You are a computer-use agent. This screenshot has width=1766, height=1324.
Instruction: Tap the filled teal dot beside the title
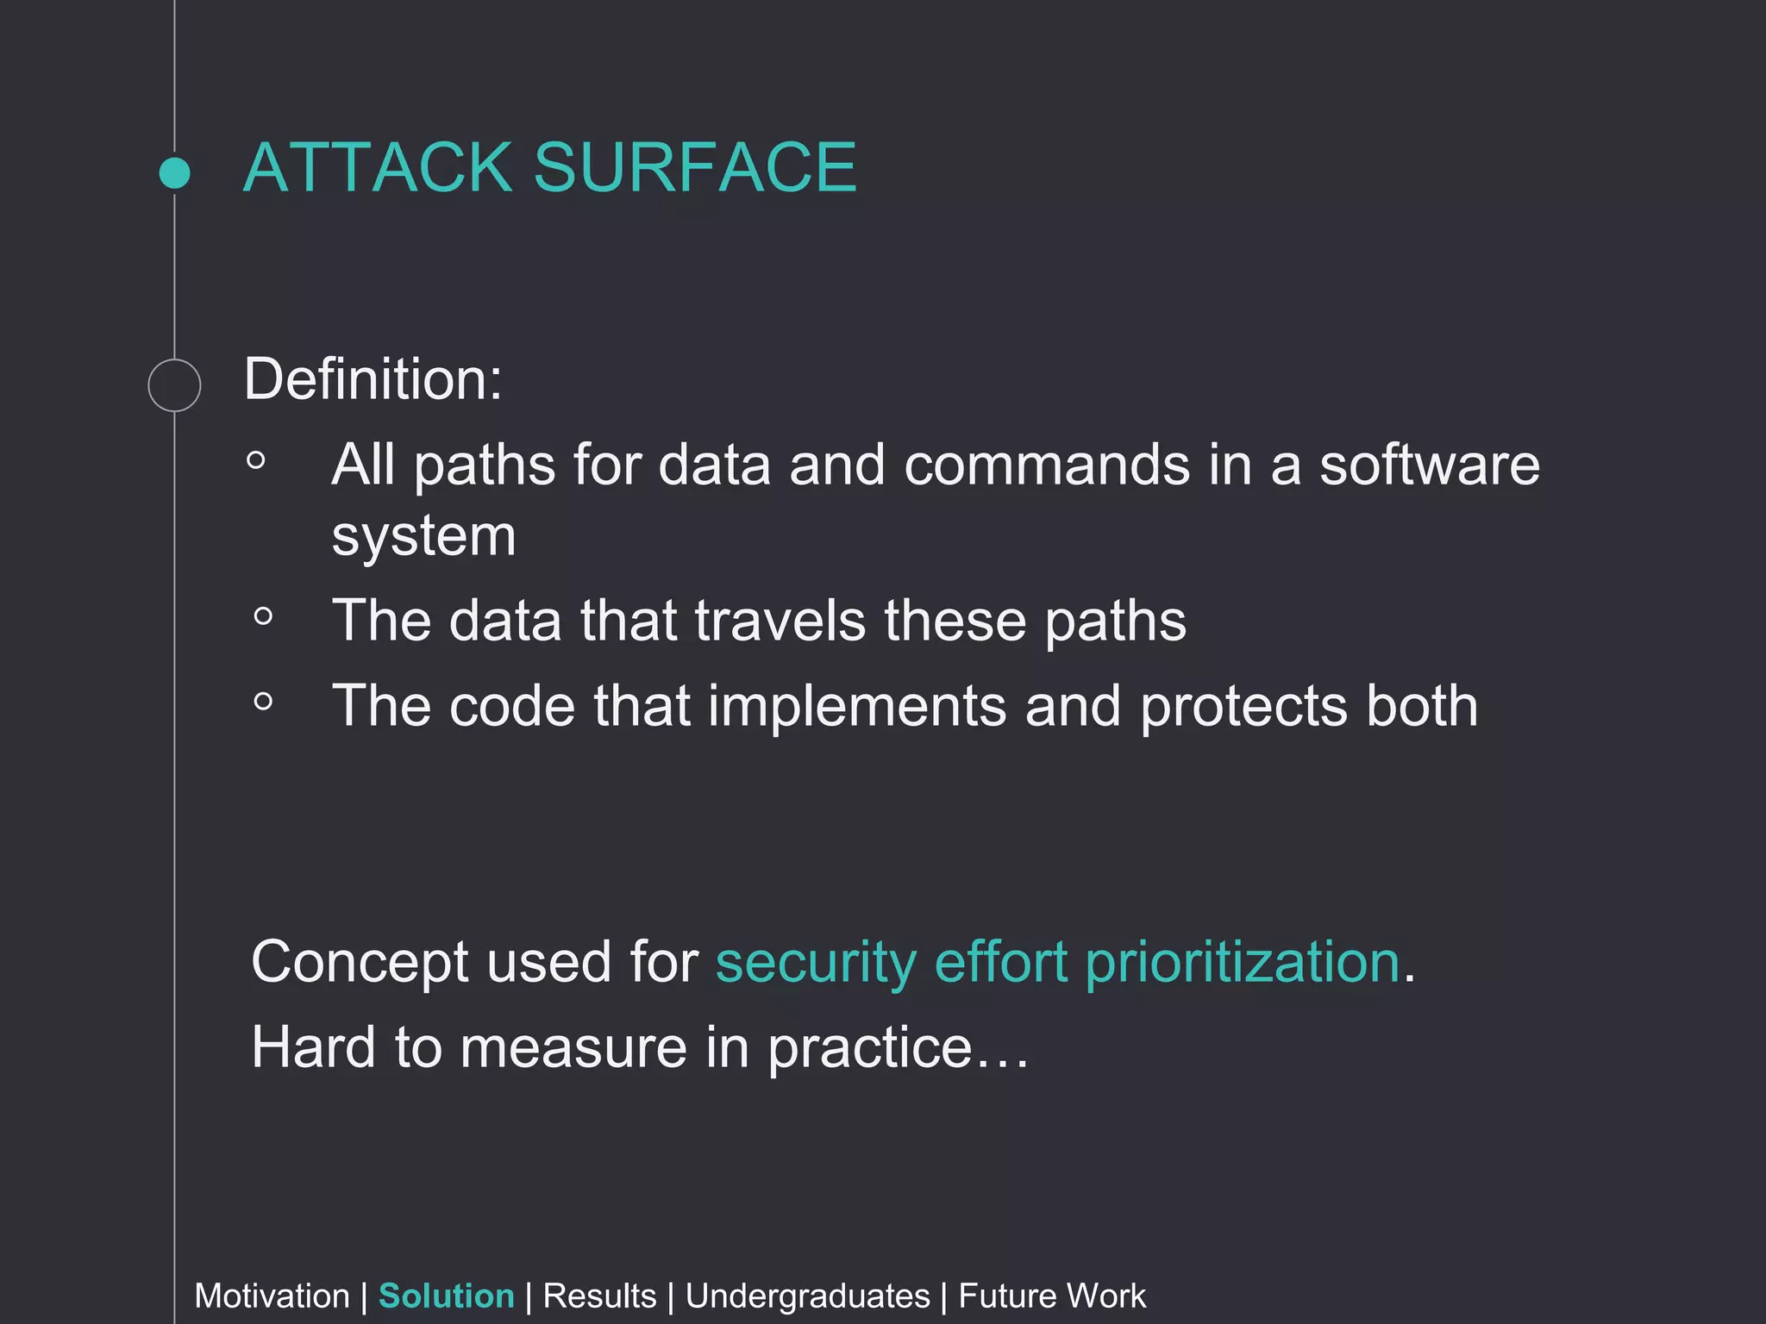click(175, 172)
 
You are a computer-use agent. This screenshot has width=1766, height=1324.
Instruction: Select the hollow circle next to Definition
click(174, 384)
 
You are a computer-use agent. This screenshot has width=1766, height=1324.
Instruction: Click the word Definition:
click(373, 378)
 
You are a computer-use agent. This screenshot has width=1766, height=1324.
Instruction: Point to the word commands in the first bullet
click(1046, 465)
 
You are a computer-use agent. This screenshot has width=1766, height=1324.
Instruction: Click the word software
click(1429, 465)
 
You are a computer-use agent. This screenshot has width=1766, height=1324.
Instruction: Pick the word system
click(423, 537)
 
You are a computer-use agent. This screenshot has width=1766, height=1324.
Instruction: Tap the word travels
click(780, 621)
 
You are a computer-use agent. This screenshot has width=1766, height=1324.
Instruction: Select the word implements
click(857, 706)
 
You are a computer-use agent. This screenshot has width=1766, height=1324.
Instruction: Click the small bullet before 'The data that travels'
click(264, 616)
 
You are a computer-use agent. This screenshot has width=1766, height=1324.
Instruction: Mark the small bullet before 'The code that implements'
click(264, 702)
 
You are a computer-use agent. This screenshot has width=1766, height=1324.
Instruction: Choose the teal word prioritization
click(1242, 962)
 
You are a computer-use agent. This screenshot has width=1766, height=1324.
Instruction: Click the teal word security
click(816, 962)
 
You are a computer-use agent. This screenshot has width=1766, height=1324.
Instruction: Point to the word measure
click(573, 1048)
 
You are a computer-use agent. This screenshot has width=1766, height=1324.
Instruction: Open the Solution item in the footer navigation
click(446, 1296)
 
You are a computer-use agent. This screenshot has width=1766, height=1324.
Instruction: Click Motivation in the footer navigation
click(272, 1296)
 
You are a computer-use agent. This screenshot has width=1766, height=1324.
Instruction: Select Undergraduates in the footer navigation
click(807, 1296)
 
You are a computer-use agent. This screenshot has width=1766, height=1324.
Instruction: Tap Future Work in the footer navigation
click(1051, 1296)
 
